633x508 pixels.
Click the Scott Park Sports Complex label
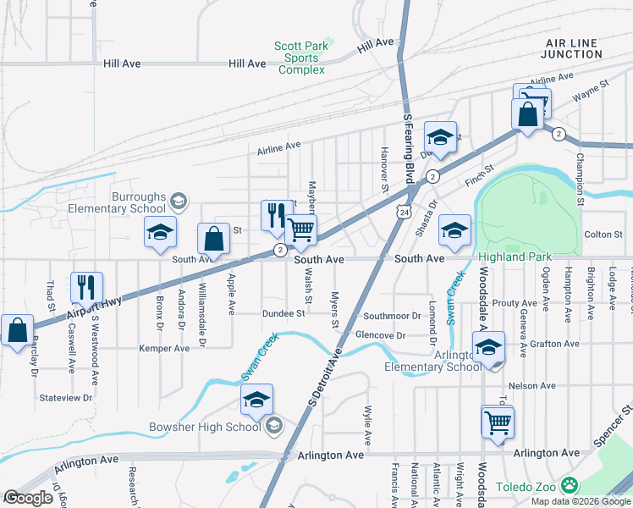tap(300, 58)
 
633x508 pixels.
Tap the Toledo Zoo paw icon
tap(571, 486)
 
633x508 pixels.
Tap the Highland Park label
tap(515, 257)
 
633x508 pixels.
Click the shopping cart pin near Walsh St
tap(301, 232)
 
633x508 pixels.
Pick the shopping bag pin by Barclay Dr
tap(17, 332)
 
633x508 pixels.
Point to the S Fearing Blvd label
tap(409, 149)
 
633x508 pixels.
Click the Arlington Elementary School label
tap(434, 361)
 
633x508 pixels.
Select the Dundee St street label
tap(283, 313)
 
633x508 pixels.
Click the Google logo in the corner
tap(29, 498)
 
